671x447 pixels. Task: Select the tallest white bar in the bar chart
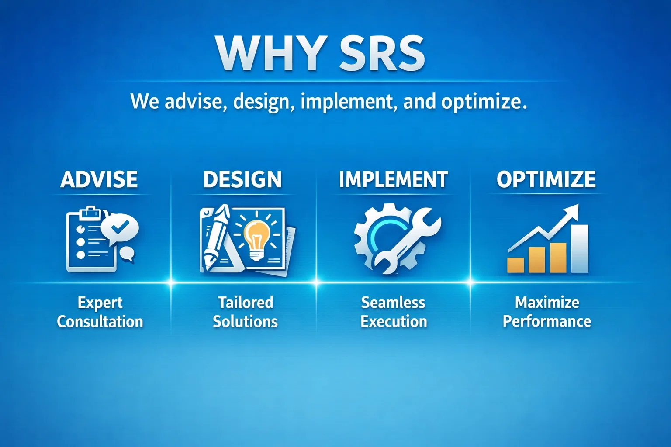pos(580,248)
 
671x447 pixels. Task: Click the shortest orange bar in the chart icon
pos(515,265)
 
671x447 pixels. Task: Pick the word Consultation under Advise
pos(100,322)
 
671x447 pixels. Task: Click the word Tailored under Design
pos(246,303)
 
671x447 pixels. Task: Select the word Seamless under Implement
pos(393,303)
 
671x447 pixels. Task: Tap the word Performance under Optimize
pos(546,322)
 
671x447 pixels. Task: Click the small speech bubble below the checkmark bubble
pos(127,254)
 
